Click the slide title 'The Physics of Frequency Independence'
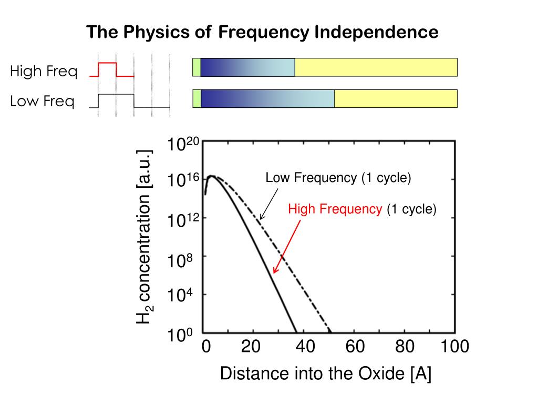[x=262, y=33]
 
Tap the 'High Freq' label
[x=44, y=71]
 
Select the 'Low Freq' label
[x=42, y=101]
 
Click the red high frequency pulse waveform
[x=108, y=63]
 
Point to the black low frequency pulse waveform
[x=117, y=95]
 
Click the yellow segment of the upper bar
[x=376, y=67]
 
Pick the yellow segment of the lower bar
[x=396, y=98]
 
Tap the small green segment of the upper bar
[x=196, y=67]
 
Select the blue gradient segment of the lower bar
[x=267, y=98]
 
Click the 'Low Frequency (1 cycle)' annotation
[x=338, y=178]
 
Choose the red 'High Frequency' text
[x=335, y=209]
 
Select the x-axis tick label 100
[x=454, y=347]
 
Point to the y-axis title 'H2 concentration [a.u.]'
[x=144, y=236]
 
